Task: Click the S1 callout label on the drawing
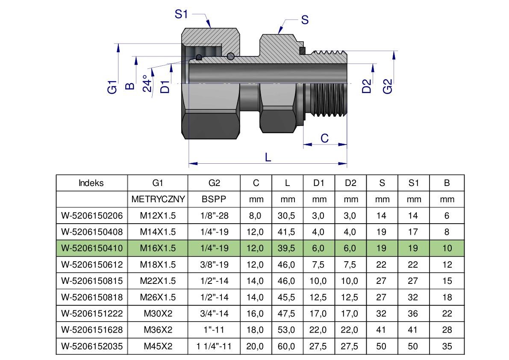click(181, 14)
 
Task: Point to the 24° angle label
click(147, 83)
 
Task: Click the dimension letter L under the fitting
click(268, 157)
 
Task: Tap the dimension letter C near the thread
click(324, 138)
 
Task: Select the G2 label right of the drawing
click(388, 86)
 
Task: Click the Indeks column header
click(91, 183)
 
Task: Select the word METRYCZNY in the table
click(158, 199)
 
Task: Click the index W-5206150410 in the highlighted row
click(92, 248)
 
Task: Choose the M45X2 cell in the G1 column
click(158, 346)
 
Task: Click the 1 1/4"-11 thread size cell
click(214, 346)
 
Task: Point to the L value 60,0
click(287, 346)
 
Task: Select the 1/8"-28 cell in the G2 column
click(214, 215)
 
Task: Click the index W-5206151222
click(92, 313)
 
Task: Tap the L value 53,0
click(287, 330)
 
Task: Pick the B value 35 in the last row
click(447, 346)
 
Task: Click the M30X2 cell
click(158, 313)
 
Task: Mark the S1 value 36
click(413, 313)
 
